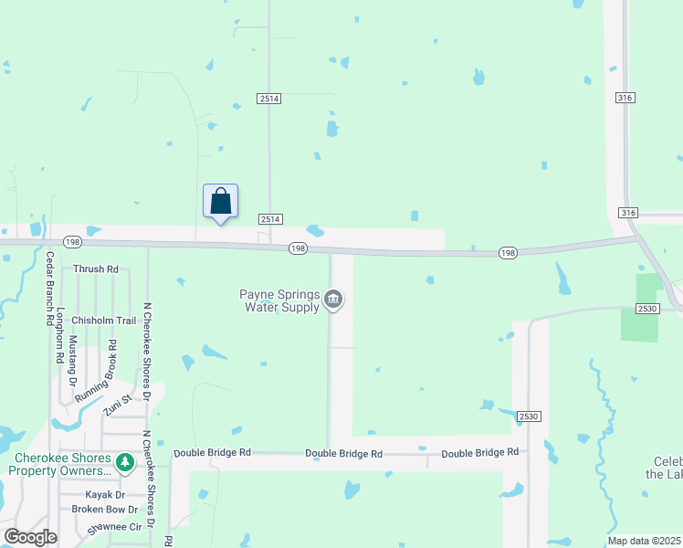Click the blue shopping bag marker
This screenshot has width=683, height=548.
(x=220, y=201)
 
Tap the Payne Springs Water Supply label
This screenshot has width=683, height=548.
(x=279, y=300)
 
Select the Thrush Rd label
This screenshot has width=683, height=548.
(x=96, y=269)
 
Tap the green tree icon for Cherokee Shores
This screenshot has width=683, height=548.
(x=125, y=463)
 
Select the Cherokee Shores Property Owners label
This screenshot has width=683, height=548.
(x=62, y=464)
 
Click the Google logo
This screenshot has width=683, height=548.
(x=30, y=537)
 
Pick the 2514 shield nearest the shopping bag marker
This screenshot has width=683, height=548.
(x=270, y=219)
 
